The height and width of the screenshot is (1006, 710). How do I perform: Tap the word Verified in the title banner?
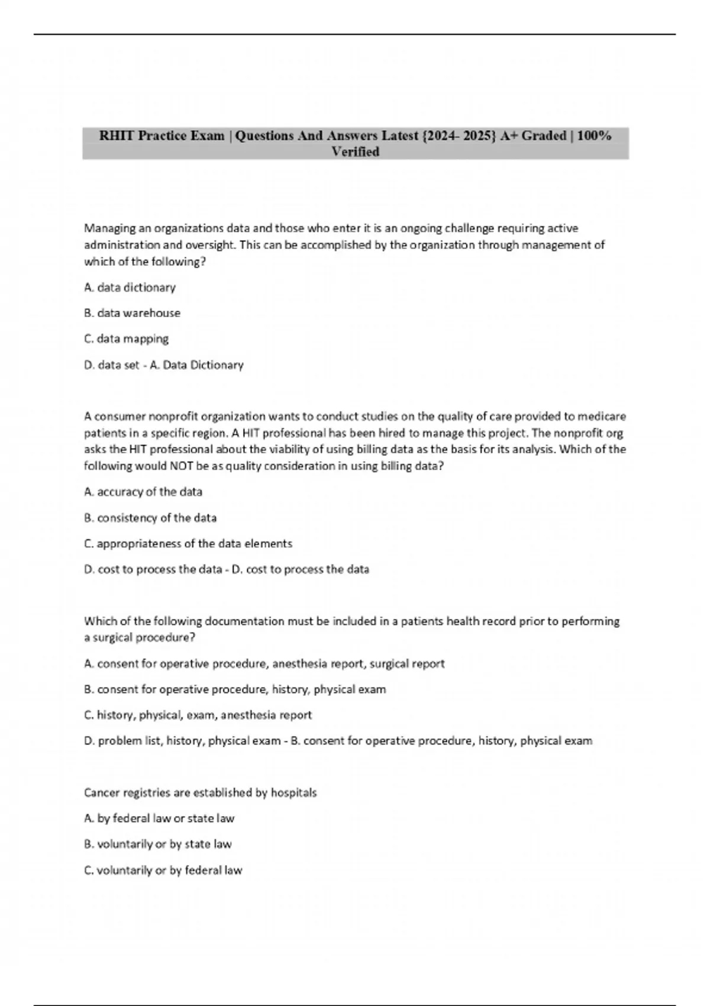(x=355, y=152)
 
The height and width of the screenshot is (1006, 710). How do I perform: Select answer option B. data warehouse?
(x=132, y=313)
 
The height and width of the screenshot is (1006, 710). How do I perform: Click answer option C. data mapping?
(x=126, y=339)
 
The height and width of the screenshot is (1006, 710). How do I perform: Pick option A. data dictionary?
(x=130, y=288)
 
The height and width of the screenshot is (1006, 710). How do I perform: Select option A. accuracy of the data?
(x=143, y=492)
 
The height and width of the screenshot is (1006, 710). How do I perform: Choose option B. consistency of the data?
(x=150, y=518)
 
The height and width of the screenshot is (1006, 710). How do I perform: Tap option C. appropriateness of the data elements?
(x=188, y=544)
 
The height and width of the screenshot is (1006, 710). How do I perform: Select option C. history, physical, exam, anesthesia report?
(x=198, y=715)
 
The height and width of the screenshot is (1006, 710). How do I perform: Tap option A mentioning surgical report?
(x=264, y=664)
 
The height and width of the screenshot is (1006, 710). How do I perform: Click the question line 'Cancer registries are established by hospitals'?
(x=200, y=793)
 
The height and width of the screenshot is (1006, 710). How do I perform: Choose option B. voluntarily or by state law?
(x=158, y=844)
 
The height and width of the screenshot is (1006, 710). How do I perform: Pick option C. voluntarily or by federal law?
(x=163, y=870)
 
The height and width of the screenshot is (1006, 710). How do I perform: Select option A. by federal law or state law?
(x=159, y=818)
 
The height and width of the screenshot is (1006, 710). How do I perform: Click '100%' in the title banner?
(x=594, y=136)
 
